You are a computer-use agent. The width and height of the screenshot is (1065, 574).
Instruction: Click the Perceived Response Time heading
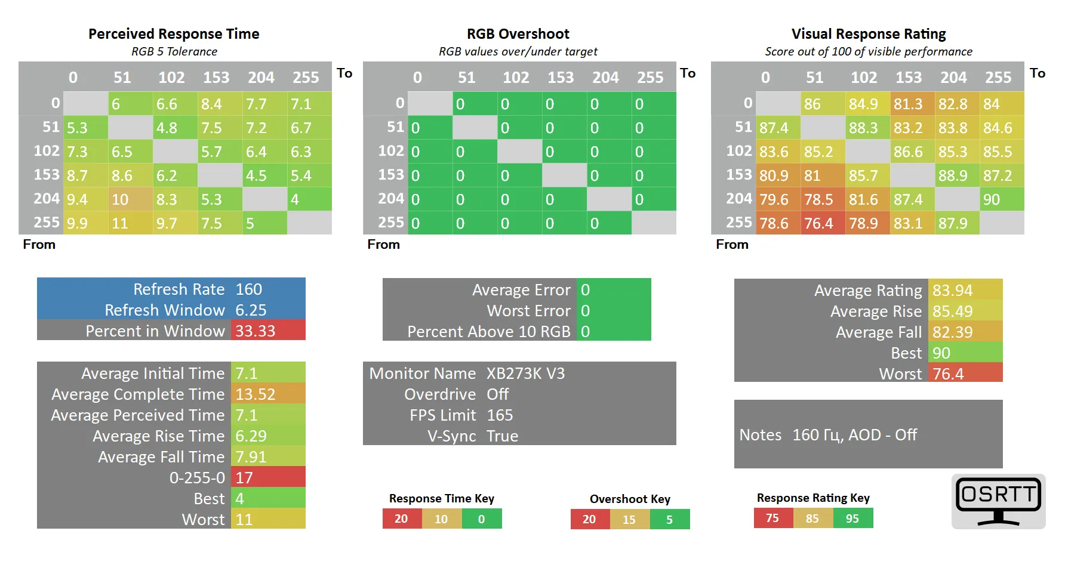[174, 34]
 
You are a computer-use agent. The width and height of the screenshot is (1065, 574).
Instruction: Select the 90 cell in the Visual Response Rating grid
[1002, 199]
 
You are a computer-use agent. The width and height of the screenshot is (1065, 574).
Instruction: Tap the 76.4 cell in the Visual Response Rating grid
[823, 223]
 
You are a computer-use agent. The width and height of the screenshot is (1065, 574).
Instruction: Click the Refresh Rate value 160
[249, 289]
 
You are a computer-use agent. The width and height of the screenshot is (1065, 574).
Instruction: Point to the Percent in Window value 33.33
[256, 331]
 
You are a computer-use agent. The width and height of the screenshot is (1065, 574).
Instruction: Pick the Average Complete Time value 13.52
[256, 394]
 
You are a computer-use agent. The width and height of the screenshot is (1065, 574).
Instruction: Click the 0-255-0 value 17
[244, 478]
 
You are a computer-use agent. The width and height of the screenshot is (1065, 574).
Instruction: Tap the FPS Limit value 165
[500, 415]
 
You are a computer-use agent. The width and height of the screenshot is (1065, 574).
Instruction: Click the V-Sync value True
[502, 436]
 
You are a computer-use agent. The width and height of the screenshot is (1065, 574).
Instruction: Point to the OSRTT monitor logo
[999, 501]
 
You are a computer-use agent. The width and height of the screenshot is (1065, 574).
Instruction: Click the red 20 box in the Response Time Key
[402, 519]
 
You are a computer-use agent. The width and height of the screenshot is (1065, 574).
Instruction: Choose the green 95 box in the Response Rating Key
[852, 518]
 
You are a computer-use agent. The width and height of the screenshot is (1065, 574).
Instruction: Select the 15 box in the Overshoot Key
[629, 519]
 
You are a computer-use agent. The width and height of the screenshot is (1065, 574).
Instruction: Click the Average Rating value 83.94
[953, 291]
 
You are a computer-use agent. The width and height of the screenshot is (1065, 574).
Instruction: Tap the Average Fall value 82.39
[953, 332]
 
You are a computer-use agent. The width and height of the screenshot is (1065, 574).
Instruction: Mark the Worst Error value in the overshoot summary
[585, 311]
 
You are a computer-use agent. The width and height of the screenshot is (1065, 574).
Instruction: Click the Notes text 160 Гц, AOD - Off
[854, 435]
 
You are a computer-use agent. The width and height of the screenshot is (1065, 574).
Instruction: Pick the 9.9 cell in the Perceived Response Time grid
[78, 223]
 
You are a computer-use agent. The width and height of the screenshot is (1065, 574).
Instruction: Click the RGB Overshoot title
[518, 34]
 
